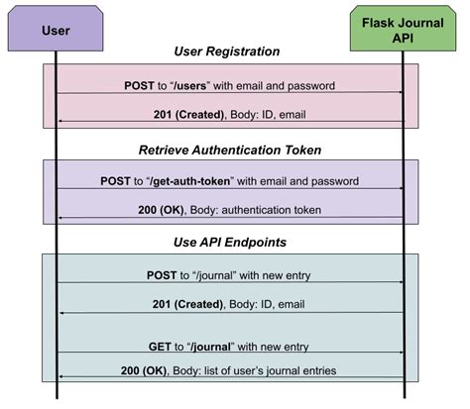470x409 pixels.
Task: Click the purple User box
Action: point(56,30)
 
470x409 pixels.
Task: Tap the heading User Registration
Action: point(229,52)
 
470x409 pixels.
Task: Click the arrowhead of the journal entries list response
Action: point(61,376)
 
